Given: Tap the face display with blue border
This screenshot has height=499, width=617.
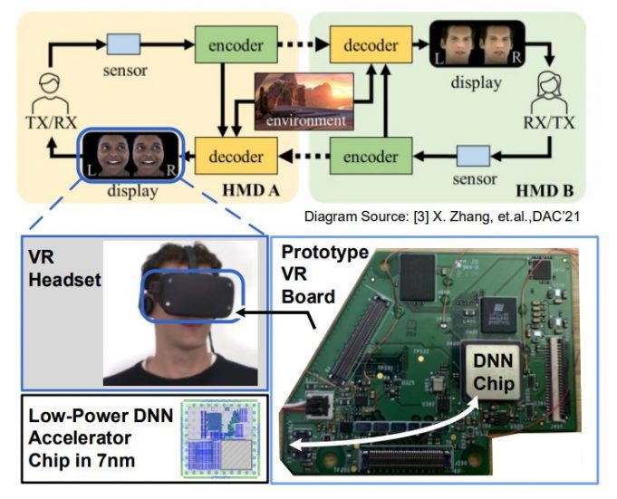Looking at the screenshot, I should [x=130, y=155].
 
